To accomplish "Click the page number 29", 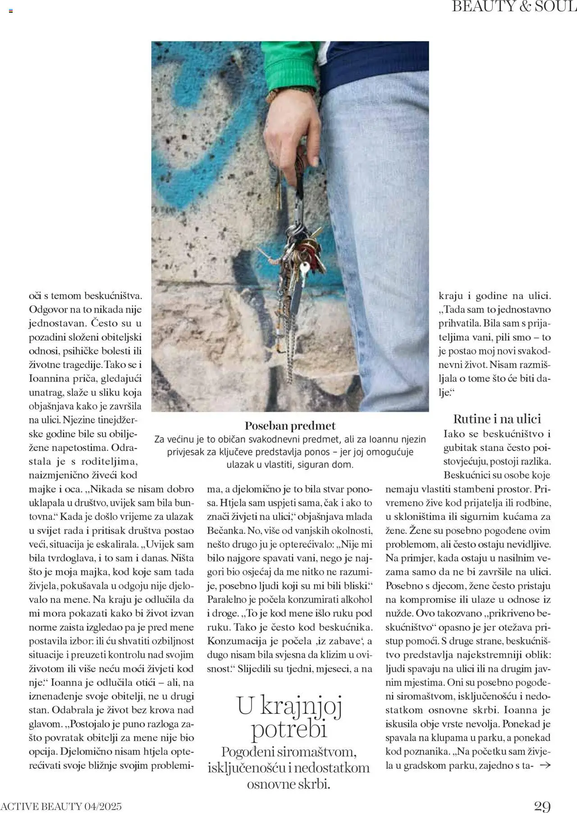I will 542,806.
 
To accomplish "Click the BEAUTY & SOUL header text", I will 514,7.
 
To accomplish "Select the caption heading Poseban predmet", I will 290,426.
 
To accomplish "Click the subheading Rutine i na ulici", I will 497,419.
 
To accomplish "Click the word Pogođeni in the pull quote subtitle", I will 248,752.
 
